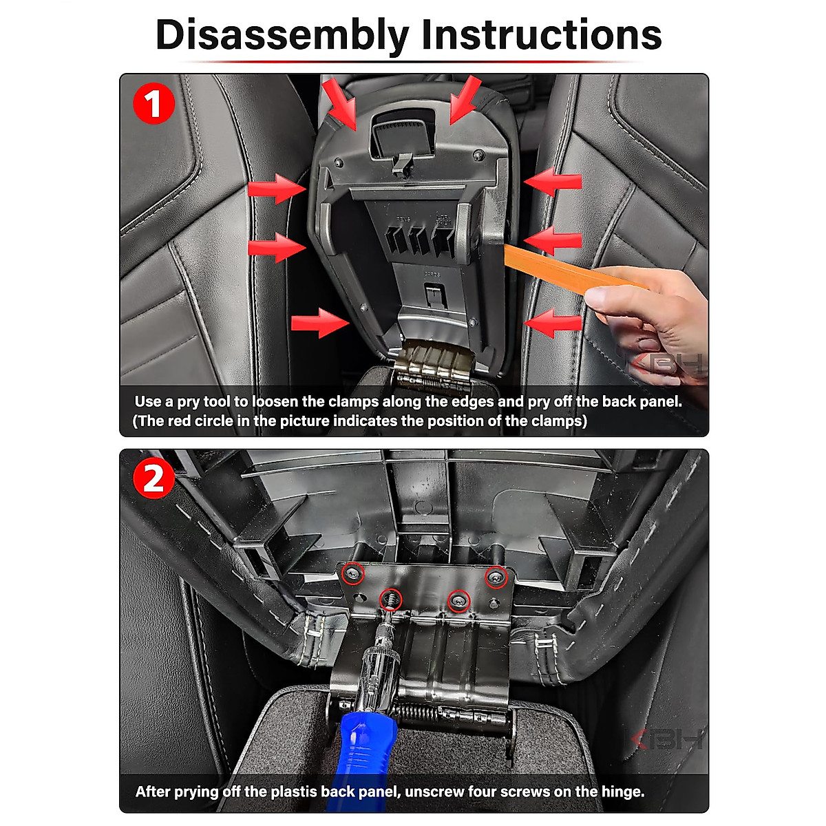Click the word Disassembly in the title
click(x=282, y=36)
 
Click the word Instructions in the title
click(x=542, y=34)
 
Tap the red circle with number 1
click(x=154, y=104)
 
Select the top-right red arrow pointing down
click(x=465, y=100)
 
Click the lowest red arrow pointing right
click(x=320, y=323)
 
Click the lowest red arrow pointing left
click(x=553, y=323)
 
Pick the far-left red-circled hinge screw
click(x=353, y=573)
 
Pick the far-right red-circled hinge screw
click(x=496, y=577)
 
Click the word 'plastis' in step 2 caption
click(x=294, y=792)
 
